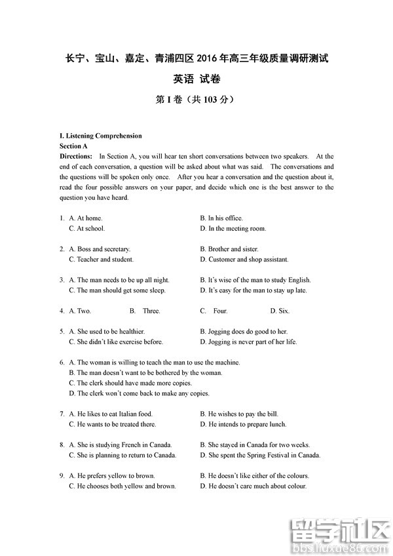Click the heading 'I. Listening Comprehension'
(x=100, y=136)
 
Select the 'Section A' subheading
(x=73, y=146)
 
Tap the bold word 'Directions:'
(x=76, y=157)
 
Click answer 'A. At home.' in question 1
(x=86, y=218)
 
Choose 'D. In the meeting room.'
(x=233, y=229)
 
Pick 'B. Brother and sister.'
(x=229, y=249)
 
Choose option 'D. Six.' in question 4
(x=280, y=311)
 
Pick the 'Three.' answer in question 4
(x=151, y=311)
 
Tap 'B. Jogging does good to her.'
(x=244, y=332)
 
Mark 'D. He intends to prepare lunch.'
(x=243, y=424)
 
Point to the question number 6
(x=62, y=363)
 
